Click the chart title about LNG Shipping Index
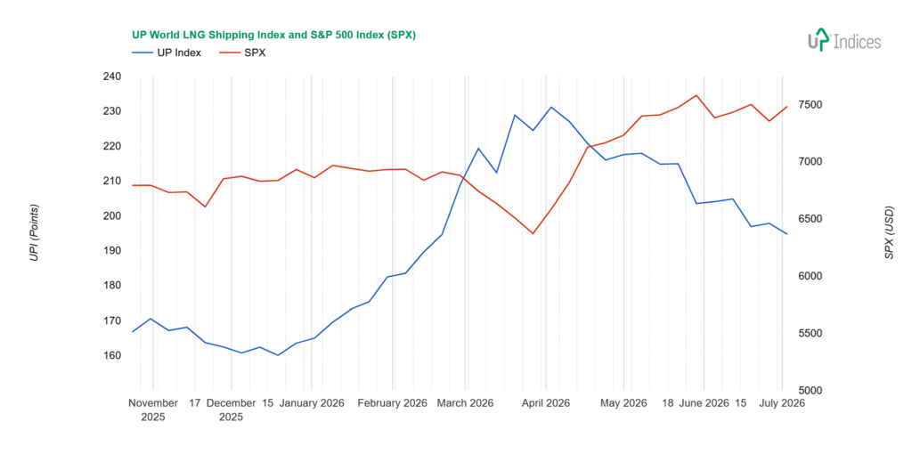point(273,35)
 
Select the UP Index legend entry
point(167,53)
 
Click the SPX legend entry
point(242,53)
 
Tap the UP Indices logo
point(844,40)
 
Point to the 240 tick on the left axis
point(111,77)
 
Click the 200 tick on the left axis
point(111,215)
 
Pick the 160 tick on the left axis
point(111,355)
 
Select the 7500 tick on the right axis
point(810,105)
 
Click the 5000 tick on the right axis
point(810,391)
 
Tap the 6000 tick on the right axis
point(810,276)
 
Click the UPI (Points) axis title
point(35,232)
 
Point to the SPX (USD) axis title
point(890,232)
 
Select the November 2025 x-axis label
point(153,409)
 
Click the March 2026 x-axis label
point(465,403)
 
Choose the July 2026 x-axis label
point(782,403)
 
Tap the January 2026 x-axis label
point(312,403)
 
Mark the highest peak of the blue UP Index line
point(551,107)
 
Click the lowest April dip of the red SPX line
point(533,233)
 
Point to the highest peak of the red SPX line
point(696,95)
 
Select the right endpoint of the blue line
point(787,233)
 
